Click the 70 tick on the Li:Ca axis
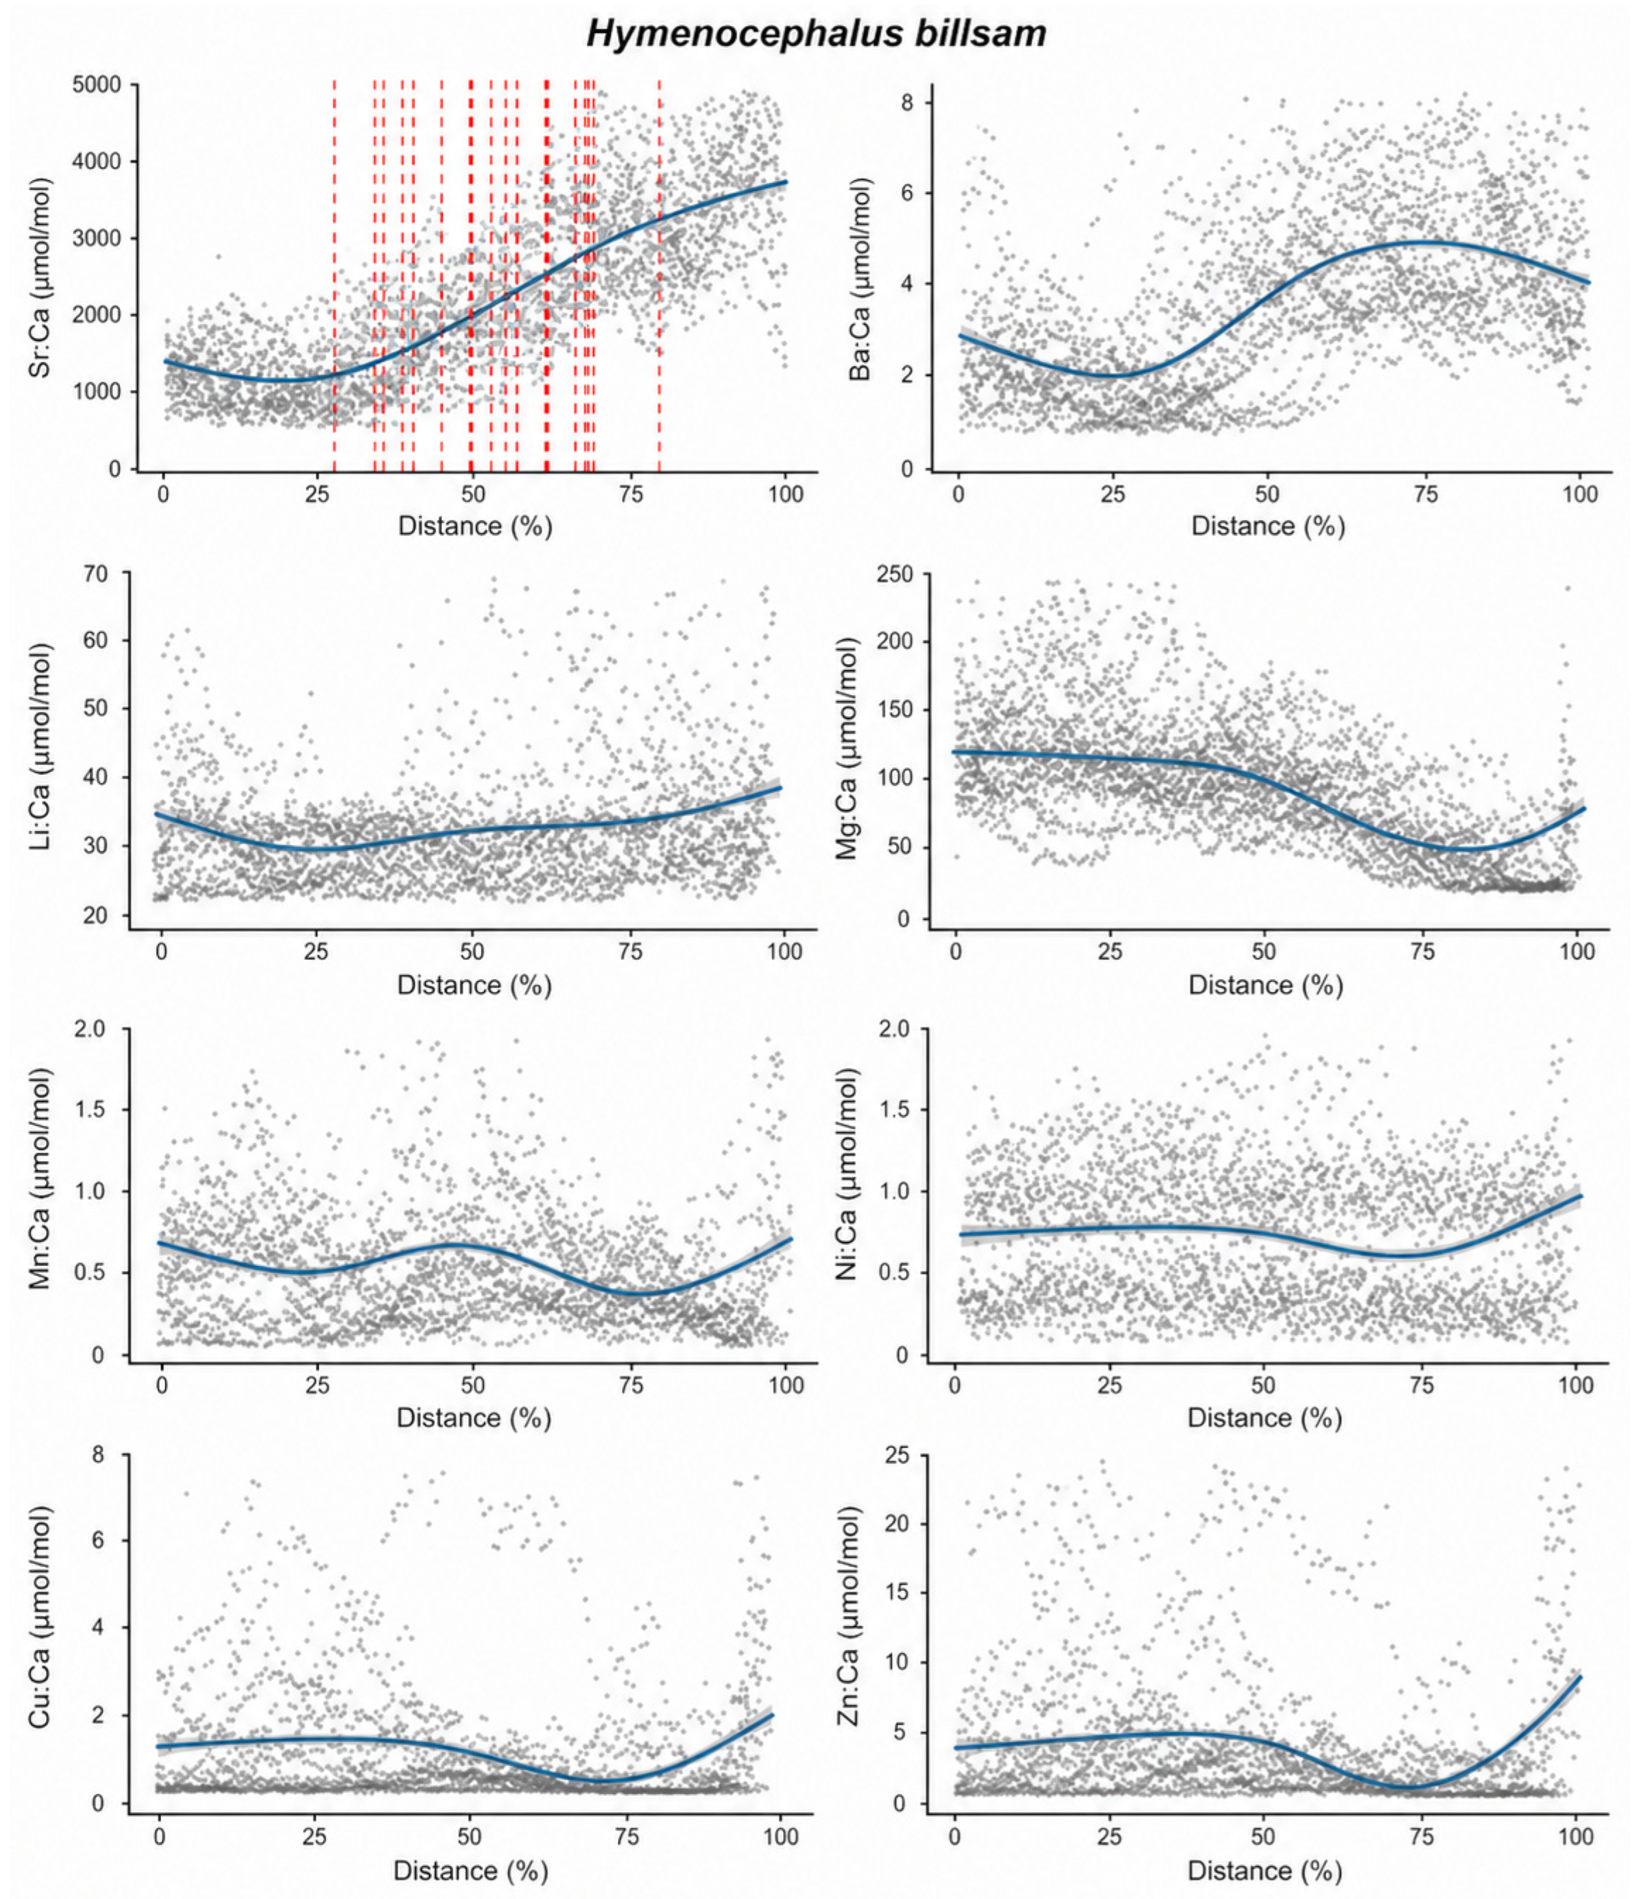coord(95,574)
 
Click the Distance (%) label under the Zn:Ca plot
coord(1265,1870)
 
